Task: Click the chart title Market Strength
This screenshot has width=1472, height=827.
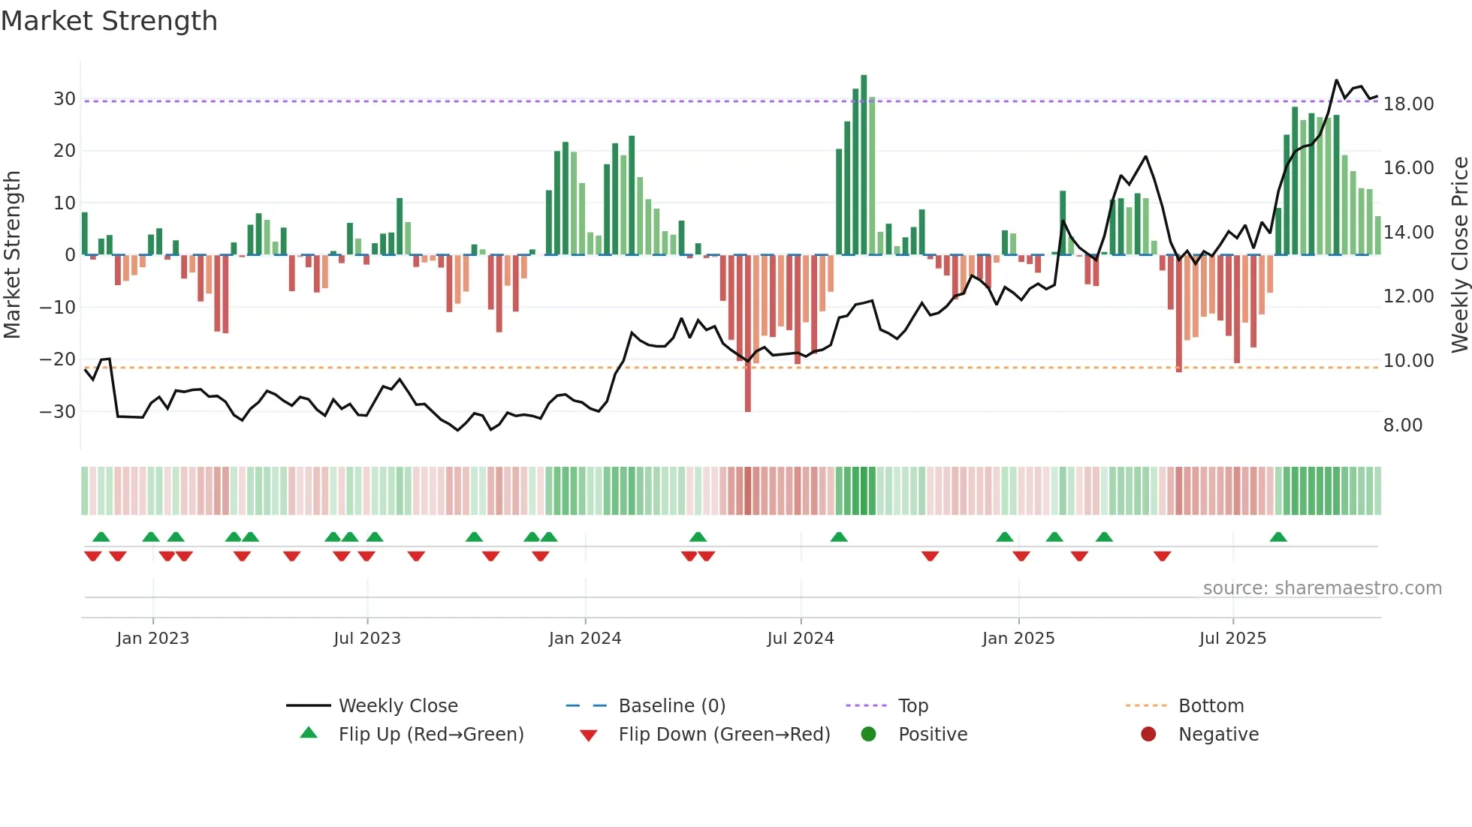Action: pyautogui.click(x=109, y=21)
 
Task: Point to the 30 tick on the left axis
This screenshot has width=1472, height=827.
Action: pyautogui.click(x=64, y=99)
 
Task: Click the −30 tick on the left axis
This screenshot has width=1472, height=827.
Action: pyautogui.click(x=58, y=411)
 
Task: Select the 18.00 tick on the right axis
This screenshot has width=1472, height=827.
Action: pyautogui.click(x=1408, y=104)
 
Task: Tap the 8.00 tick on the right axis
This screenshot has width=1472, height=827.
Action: pyautogui.click(x=1403, y=426)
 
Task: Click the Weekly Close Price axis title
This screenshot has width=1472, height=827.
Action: pyautogui.click(x=1459, y=255)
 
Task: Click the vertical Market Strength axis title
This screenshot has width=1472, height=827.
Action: pyautogui.click(x=12, y=255)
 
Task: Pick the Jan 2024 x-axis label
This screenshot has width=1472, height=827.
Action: pyautogui.click(x=585, y=639)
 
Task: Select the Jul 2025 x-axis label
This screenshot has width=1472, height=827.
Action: pyautogui.click(x=1232, y=639)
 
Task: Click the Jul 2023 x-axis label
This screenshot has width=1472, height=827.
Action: pyautogui.click(x=367, y=639)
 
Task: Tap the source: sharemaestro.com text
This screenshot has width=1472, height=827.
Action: pyautogui.click(x=1322, y=588)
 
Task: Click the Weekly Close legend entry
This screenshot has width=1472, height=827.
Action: pyautogui.click(x=398, y=706)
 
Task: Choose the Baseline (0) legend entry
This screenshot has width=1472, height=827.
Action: pyautogui.click(x=671, y=706)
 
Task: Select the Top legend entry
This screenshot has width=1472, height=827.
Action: pyautogui.click(x=913, y=706)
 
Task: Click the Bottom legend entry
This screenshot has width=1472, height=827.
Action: pyautogui.click(x=1211, y=706)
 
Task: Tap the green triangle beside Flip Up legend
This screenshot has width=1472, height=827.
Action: pyautogui.click(x=309, y=733)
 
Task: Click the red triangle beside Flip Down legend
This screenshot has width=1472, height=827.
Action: pyautogui.click(x=589, y=735)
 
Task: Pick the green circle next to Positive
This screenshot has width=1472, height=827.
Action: pyautogui.click(x=868, y=734)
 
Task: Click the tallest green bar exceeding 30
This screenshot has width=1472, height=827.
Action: pyautogui.click(x=864, y=165)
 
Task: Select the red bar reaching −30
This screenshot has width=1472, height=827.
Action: pyautogui.click(x=748, y=334)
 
